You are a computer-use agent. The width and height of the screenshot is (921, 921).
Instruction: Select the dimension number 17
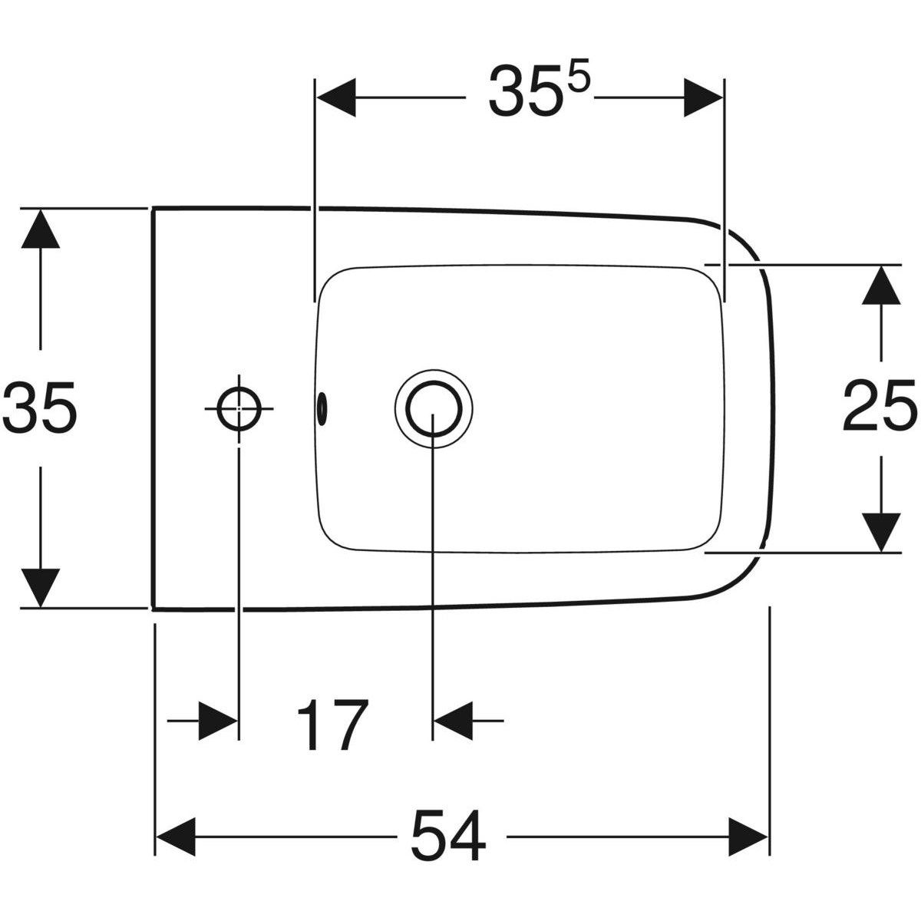point(331,725)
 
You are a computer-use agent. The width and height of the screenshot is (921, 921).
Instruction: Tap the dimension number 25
point(880,408)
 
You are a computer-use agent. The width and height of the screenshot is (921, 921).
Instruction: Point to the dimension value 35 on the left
point(40,408)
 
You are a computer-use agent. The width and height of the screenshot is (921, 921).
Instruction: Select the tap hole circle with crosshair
point(239,408)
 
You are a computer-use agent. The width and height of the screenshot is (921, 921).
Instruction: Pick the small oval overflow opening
point(321,405)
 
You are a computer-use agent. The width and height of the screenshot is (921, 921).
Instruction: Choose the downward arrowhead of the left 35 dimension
point(41,587)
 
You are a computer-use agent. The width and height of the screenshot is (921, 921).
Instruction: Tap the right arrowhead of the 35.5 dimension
point(702,97)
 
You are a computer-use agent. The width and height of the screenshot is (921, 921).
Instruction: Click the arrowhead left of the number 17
point(218,721)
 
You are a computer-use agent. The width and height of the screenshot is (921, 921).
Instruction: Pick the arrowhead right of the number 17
point(454,721)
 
